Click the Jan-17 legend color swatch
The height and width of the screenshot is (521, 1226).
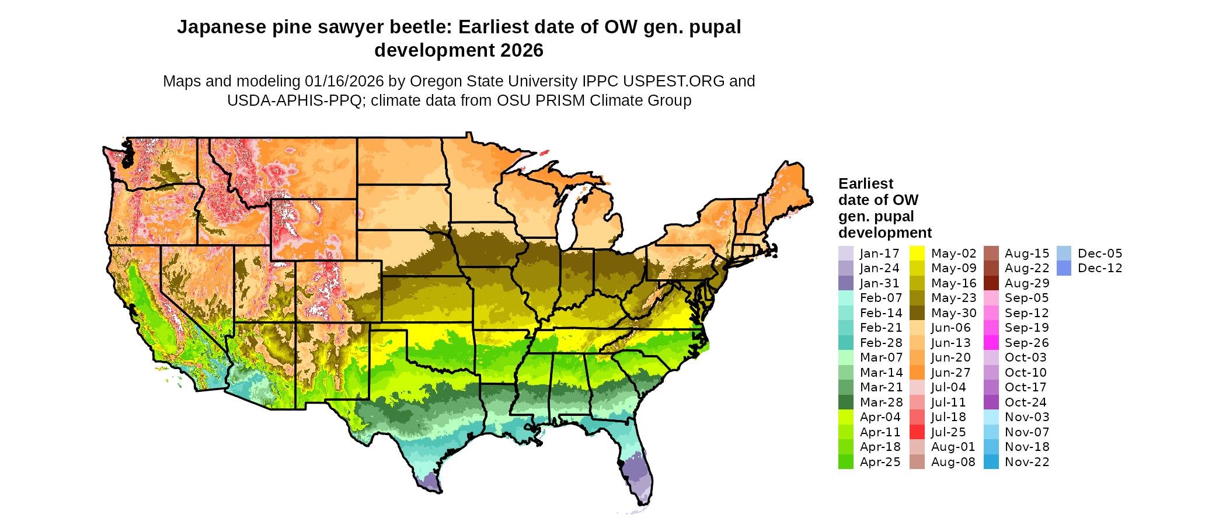845,253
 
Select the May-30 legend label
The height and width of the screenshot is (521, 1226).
953,313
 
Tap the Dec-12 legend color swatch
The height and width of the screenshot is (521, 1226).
1064,268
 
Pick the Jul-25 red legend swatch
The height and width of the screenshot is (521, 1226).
917,432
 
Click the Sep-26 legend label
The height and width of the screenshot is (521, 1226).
1026,343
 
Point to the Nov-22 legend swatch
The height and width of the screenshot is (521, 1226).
991,462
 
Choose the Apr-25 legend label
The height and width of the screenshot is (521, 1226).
880,462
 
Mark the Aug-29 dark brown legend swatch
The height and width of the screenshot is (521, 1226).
991,283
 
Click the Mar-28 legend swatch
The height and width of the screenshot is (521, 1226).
845,402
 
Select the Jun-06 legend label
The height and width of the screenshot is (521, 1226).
950,328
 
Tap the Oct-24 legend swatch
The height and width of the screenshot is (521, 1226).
991,402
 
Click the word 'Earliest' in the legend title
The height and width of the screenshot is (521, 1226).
866,184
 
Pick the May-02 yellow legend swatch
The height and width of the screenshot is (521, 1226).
917,253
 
